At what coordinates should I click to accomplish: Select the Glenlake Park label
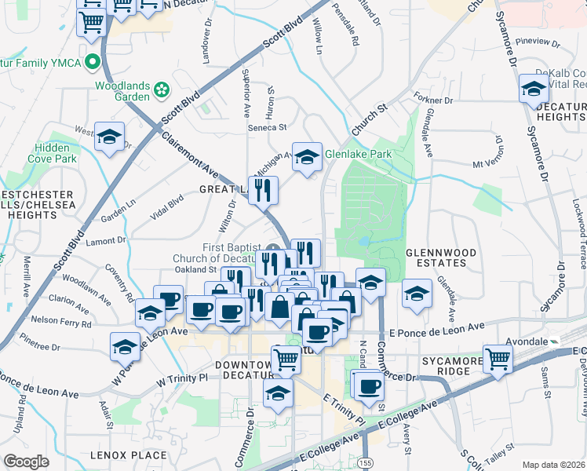[358, 155]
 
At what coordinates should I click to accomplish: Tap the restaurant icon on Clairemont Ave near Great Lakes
[263, 190]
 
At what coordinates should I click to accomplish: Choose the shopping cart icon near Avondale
[498, 359]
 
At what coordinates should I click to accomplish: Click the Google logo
[26, 462]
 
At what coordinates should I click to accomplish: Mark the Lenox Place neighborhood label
[128, 455]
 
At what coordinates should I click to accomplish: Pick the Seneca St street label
[268, 126]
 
